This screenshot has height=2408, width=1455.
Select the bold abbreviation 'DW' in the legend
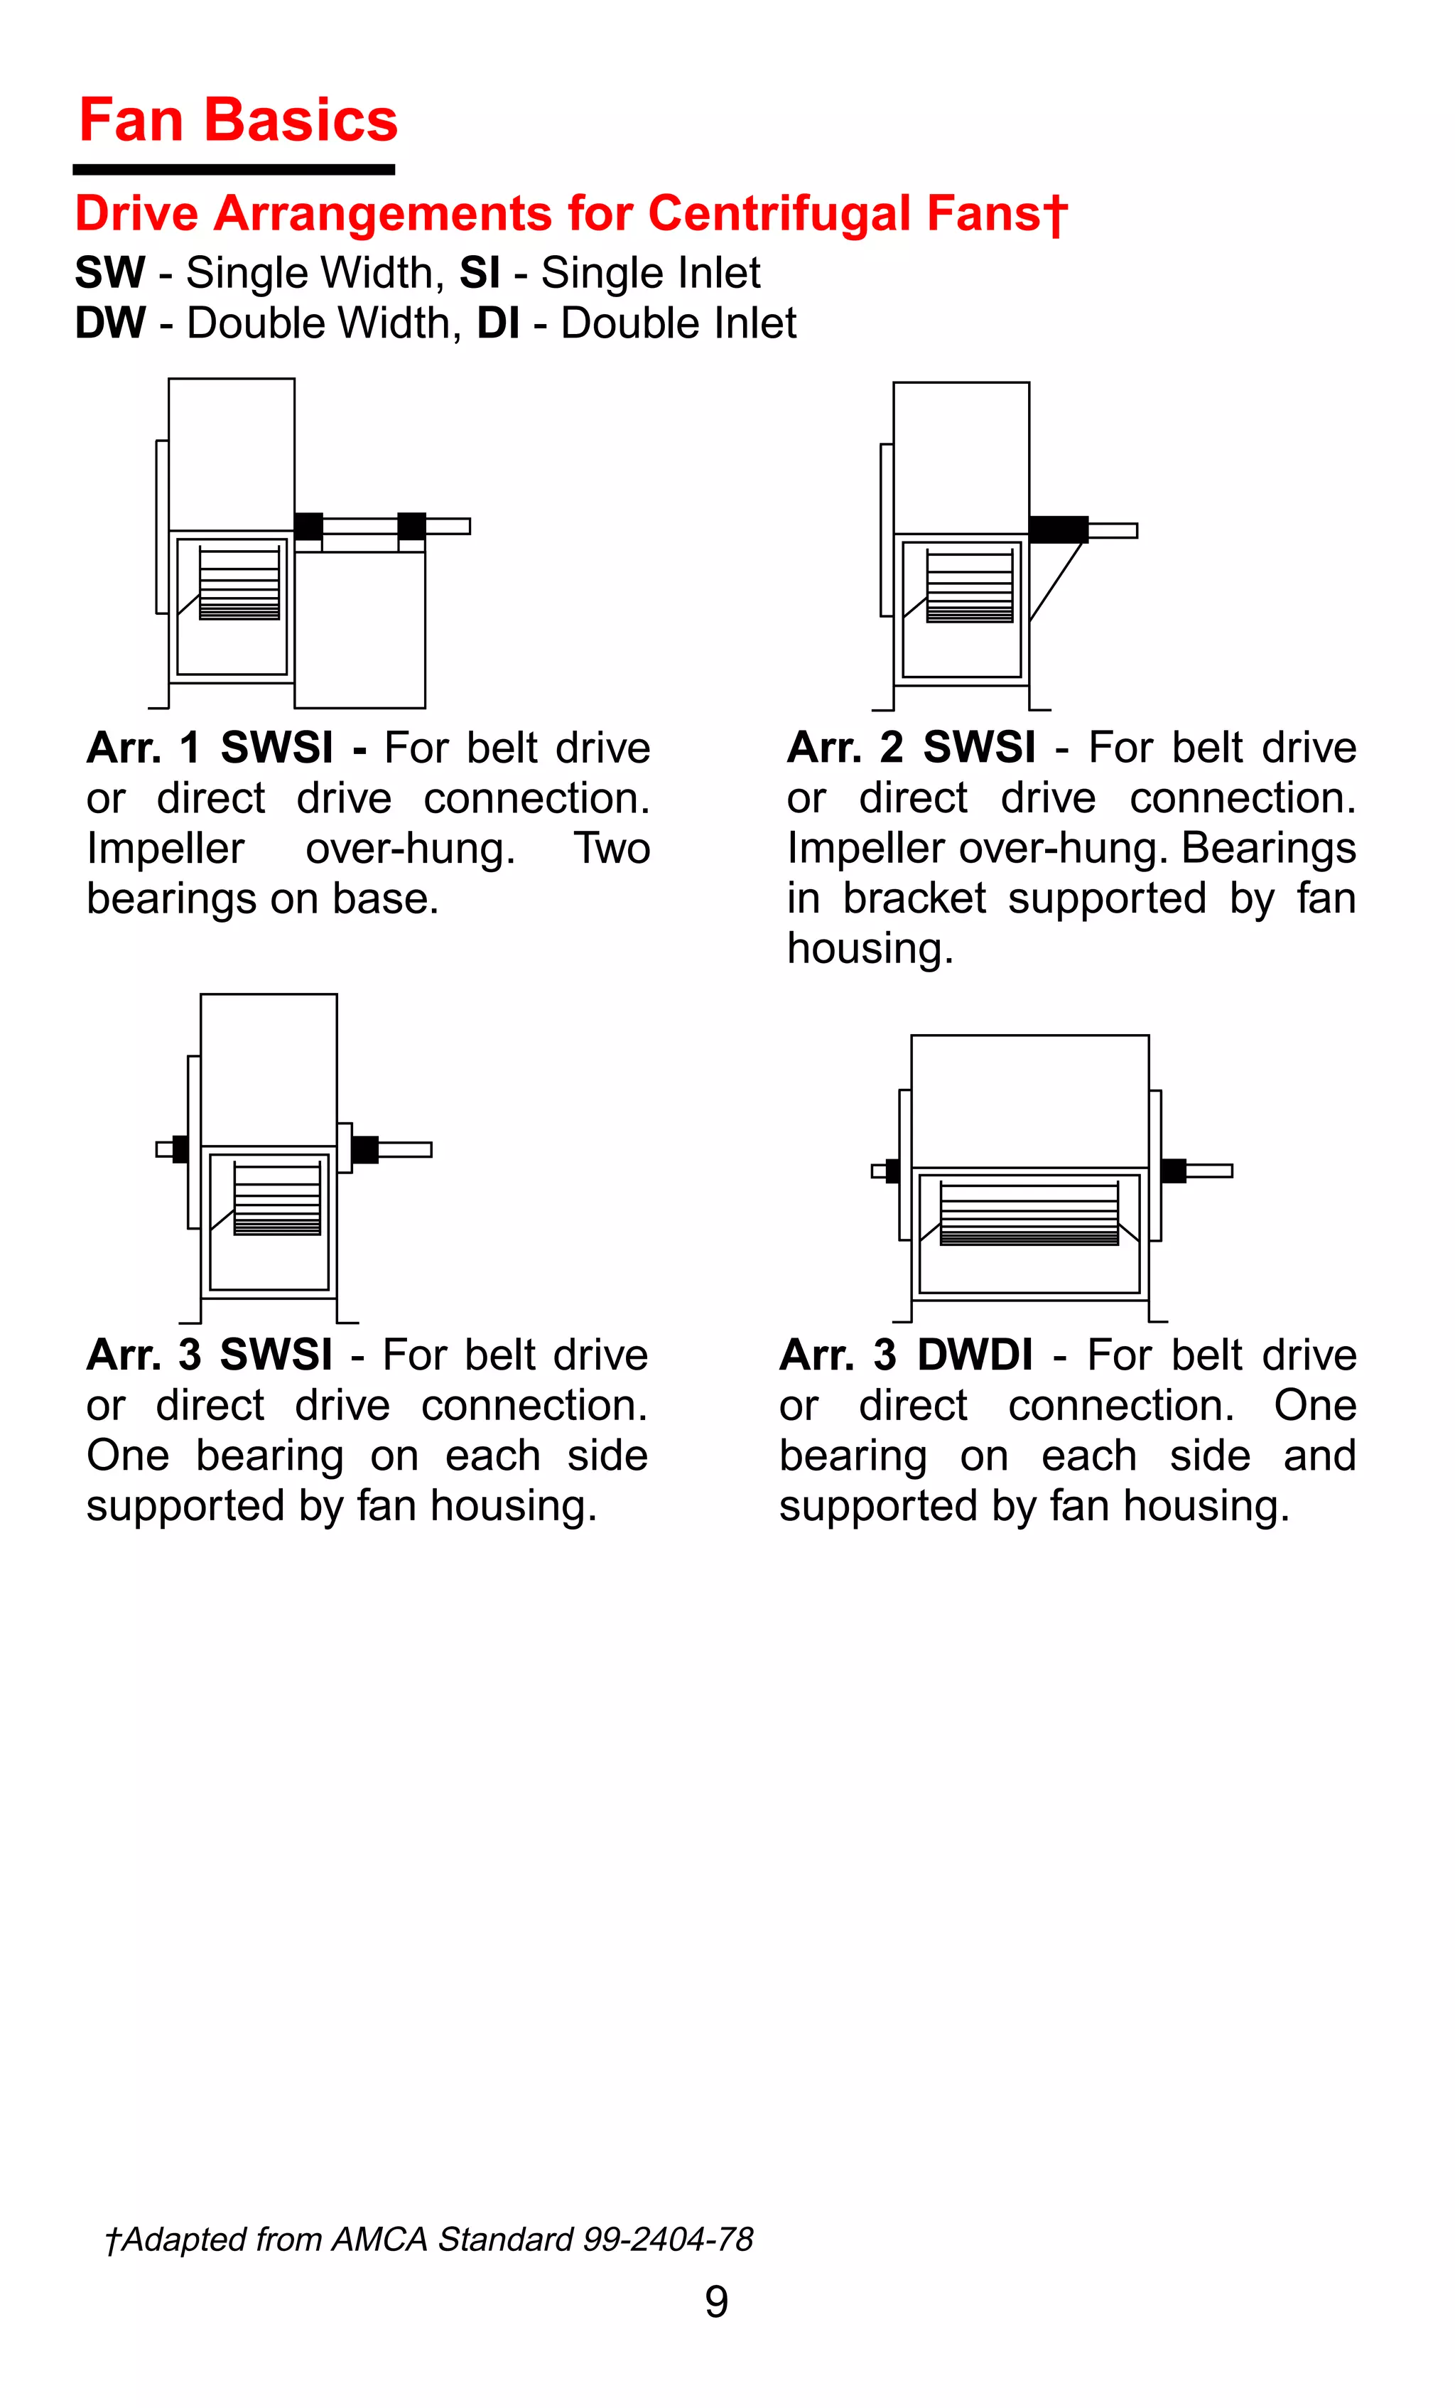(x=109, y=323)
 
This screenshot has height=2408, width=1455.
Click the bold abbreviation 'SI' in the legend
(x=480, y=273)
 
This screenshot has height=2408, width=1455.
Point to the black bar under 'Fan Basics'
(x=234, y=170)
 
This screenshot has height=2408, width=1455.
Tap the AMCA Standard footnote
(x=430, y=2239)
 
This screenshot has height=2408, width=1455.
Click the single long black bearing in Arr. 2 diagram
(x=1059, y=529)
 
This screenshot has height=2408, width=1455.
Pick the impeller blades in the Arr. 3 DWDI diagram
(x=1029, y=1214)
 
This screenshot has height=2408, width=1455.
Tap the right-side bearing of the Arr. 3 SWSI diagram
(x=364, y=1149)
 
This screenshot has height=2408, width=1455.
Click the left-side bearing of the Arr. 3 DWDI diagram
(x=892, y=1170)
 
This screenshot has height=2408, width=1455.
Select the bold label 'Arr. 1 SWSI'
(x=210, y=748)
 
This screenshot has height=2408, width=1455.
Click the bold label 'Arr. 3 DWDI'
(x=906, y=1355)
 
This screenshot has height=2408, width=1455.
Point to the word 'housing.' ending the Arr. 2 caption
(x=870, y=948)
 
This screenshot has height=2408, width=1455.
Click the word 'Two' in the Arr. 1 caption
(x=612, y=849)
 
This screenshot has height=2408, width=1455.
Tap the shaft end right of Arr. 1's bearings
(x=448, y=526)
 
